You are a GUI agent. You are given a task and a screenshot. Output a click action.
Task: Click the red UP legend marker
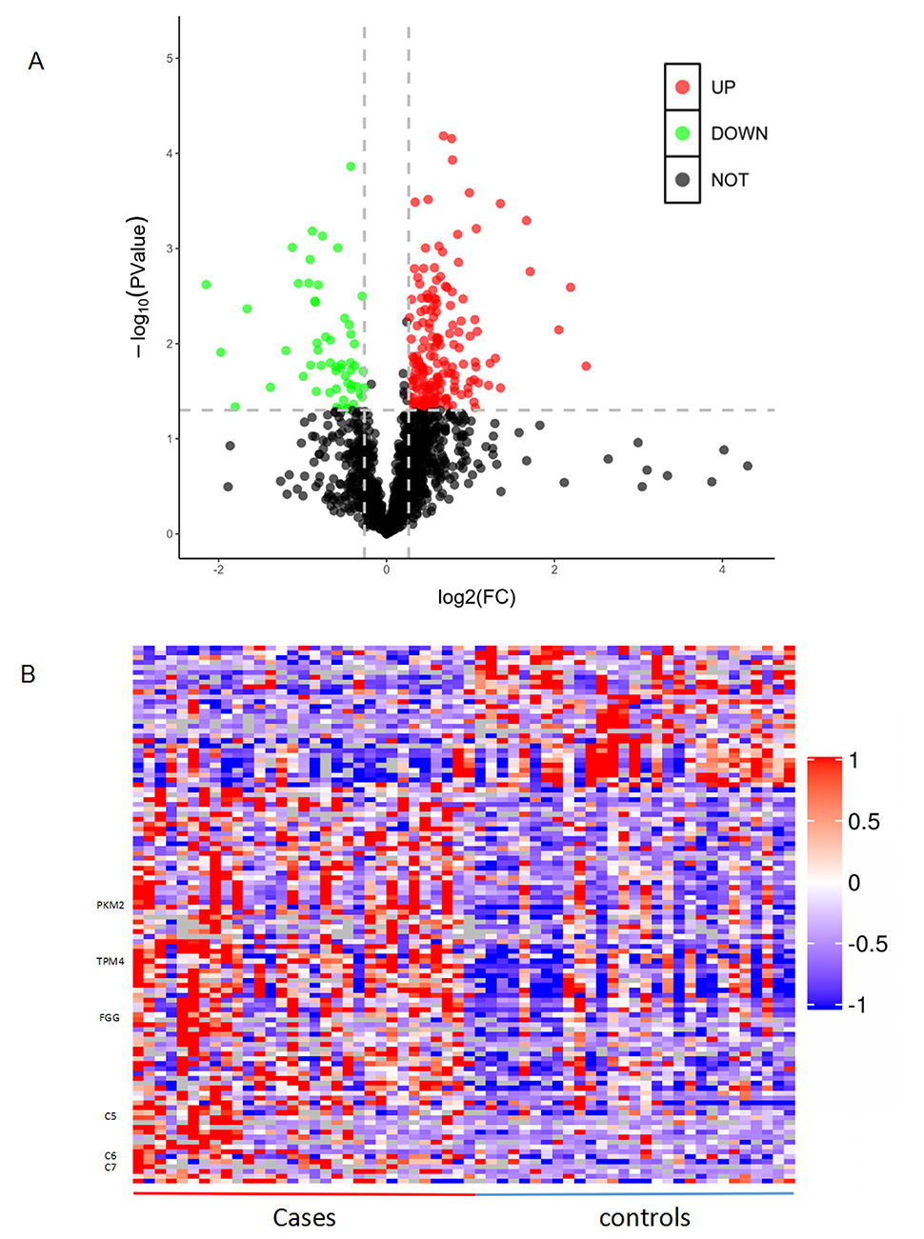pyautogui.click(x=682, y=87)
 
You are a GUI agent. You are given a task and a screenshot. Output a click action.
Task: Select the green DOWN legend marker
pyautogui.click(x=682, y=133)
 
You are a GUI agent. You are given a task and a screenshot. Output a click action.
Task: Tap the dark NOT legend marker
pyautogui.click(x=682, y=179)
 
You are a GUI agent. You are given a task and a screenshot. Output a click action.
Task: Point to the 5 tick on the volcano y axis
pyautogui.click(x=170, y=58)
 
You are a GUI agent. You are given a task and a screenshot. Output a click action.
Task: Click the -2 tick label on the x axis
pyautogui.click(x=218, y=570)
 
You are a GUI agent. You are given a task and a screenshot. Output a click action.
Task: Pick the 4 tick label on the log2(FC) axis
pyautogui.click(x=722, y=570)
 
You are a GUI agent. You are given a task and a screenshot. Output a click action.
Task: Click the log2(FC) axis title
pyautogui.click(x=476, y=597)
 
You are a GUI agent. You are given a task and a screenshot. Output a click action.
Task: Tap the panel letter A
pyautogui.click(x=36, y=61)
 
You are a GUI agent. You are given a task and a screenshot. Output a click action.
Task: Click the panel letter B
pyautogui.click(x=29, y=673)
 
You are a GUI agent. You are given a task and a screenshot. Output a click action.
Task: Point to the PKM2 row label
pyautogui.click(x=110, y=905)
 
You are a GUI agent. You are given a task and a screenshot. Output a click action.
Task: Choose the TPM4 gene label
pyautogui.click(x=110, y=961)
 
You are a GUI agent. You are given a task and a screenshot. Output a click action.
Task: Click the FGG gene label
pyautogui.click(x=110, y=1017)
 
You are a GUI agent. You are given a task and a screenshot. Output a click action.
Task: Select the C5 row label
pyautogui.click(x=110, y=1115)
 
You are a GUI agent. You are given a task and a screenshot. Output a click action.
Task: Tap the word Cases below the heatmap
pyautogui.click(x=304, y=1217)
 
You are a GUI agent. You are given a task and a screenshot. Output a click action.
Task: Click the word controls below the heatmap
pyautogui.click(x=644, y=1217)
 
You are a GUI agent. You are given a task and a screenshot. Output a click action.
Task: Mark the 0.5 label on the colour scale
pyautogui.click(x=864, y=821)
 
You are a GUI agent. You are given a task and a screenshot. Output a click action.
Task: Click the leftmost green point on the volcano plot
pyautogui.click(x=206, y=285)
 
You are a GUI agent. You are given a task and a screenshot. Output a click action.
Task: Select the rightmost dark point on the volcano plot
pyautogui.click(x=748, y=466)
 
